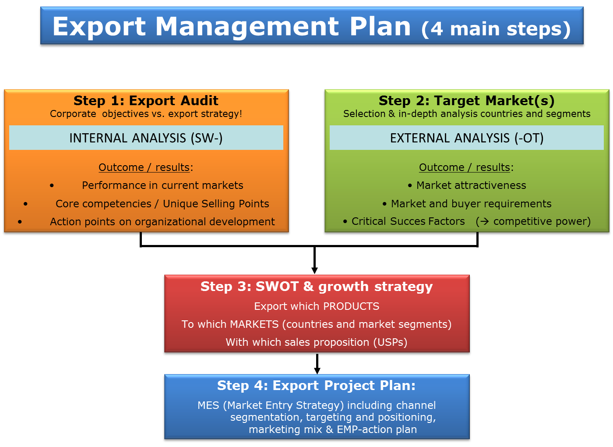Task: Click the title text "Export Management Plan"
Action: [232, 27]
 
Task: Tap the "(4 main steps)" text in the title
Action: [496, 29]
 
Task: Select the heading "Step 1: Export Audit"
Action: [146, 100]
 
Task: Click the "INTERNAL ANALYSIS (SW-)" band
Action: [146, 138]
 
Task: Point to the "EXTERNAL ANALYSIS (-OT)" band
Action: [467, 138]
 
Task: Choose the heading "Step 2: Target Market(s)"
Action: [467, 101]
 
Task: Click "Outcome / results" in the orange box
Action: [144, 167]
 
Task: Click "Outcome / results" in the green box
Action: [465, 167]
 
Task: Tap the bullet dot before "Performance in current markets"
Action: [52, 186]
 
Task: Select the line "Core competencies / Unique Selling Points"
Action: [162, 204]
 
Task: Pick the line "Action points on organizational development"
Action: [162, 222]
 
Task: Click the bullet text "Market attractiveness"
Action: [471, 185]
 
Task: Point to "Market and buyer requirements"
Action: [471, 204]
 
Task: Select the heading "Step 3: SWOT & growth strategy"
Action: [317, 287]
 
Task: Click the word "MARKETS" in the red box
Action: [254, 324]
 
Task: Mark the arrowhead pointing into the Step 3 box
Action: [315, 271]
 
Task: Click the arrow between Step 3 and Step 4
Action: [317, 364]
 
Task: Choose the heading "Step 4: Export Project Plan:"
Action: [316, 386]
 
